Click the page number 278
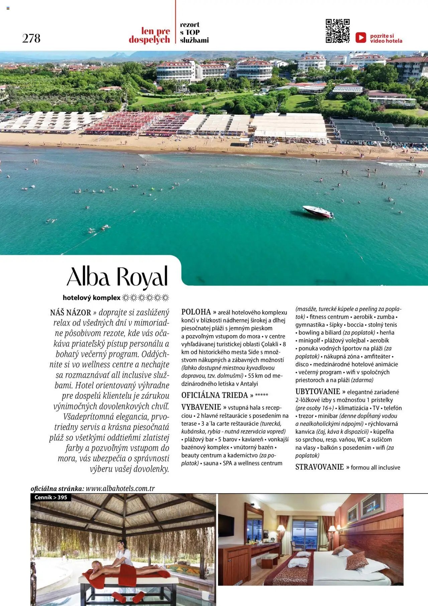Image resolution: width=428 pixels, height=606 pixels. tap(31, 38)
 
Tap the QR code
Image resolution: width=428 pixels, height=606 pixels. tap(337, 31)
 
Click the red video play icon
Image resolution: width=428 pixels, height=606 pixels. tap(360, 37)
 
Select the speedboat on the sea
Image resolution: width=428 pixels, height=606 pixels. tap(318, 212)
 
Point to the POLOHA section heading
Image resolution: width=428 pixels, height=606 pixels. tap(196, 312)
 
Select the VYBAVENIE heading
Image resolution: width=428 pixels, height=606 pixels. tap(201, 407)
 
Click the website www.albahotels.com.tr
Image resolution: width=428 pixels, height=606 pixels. tap(120, 488)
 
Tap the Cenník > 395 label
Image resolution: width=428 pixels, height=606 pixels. tap(51, 498)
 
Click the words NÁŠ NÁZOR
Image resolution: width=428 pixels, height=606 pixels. tap(70, 313)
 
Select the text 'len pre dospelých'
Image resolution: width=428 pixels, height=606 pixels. tap(149, 35)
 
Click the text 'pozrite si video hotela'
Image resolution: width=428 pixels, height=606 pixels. tap(386, 38)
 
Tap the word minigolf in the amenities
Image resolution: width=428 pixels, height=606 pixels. tap(310, 340)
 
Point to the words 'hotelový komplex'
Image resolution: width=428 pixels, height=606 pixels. tap(91, 298)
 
